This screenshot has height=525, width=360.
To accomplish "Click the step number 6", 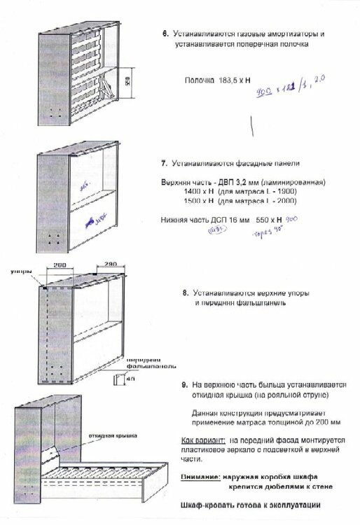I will click(165, 34).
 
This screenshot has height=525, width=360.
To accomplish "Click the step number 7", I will click(162, 163).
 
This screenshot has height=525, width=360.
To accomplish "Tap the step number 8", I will click(184, 295).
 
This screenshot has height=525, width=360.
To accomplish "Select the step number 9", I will click(184, 385).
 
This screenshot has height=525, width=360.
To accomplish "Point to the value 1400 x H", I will click(198, 192).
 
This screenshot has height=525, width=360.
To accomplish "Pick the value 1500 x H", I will click(198, 201).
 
